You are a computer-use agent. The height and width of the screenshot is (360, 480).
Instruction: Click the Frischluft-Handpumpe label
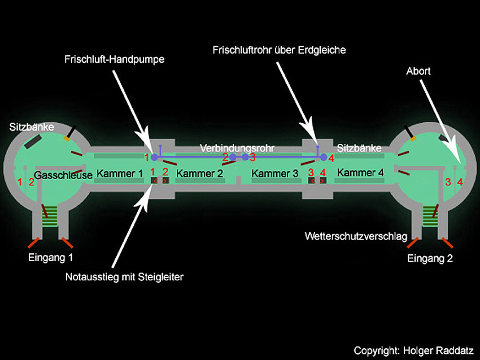pyautogui.click(x=114, y=58)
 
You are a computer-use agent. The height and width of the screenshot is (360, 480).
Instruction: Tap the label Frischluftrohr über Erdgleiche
pyautogui.click(x=279, y=50)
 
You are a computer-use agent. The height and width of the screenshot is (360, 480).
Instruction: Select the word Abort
pyautogui.click(x=418, y=71)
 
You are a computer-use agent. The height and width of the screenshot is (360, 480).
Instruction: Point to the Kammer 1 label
pyautogui.click(x=120, y=174)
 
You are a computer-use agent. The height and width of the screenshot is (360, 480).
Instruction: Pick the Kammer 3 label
pyautogui.click(x=275, y=174)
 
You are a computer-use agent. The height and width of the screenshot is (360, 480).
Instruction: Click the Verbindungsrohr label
pyautogui.click(x=237, y=148)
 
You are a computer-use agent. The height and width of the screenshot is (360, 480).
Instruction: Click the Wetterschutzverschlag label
pyautogui.click(x=356, y=236)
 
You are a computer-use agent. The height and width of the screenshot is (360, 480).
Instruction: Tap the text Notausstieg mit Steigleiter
pyautogui.click(x=125, y=276)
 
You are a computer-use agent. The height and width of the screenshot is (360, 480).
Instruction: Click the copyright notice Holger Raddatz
pyautogui.click(x=414, y=350)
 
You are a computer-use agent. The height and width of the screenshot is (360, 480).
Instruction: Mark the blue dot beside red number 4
pyautogui.click(x=324, y=158)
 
